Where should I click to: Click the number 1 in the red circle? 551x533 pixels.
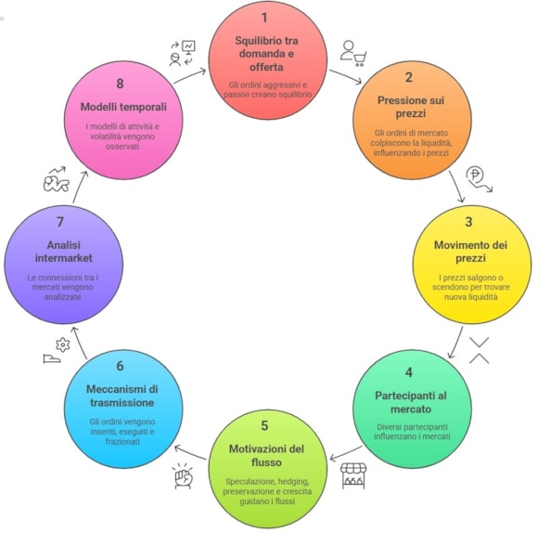[264, 18]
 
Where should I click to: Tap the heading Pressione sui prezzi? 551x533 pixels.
[411, 107]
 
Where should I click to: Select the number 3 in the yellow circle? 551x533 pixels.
[468, 222]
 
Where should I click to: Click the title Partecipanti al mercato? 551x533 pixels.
[411, 402]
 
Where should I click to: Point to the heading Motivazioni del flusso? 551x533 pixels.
[266, 456]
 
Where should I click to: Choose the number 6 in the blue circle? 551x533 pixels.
[120, 366]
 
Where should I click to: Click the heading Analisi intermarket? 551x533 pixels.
[64, 252]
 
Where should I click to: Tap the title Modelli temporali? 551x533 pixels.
[123, 107]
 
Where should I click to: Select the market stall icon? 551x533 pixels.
[353, 475]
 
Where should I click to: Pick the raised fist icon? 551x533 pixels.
[184, 476]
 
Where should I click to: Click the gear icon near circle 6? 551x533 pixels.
[62, 344]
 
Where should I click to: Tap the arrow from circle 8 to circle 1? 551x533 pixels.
[189, 75]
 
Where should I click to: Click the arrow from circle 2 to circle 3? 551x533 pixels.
[456, 187]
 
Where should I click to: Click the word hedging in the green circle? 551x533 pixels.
[293, 481]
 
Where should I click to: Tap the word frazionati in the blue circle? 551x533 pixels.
[122, 441]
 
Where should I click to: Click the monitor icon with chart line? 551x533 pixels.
[188, 47]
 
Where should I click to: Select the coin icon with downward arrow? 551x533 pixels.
[479, 179]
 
